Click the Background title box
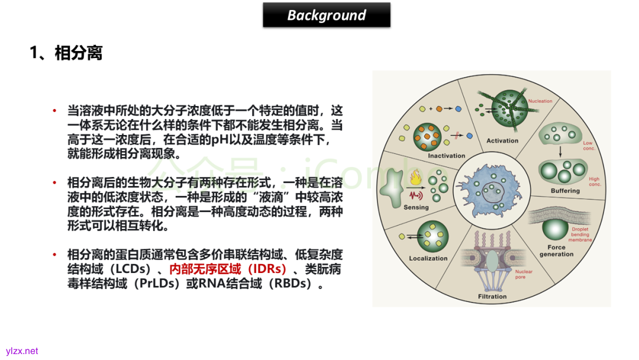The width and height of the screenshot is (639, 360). [327, 15]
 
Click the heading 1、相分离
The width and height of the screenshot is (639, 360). [66, 53]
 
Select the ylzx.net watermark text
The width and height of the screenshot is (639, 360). [22, 351]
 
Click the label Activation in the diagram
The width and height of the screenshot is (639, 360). [502, 140]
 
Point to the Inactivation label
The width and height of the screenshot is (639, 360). [430, 156]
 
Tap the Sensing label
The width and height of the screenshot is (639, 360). [416, 207]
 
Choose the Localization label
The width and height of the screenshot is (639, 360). [428, 258]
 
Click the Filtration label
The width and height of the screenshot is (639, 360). [492, 296]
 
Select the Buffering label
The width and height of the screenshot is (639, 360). [565, 191]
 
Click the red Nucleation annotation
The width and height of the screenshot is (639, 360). [540, 101]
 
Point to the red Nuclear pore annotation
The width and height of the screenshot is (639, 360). [523, 274]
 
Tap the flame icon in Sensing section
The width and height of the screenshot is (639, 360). [414, 176]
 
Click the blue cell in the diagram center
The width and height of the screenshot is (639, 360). [491, 190]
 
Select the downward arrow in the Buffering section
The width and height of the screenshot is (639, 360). [560, 150]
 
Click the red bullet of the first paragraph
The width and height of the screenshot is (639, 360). [54, 111]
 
